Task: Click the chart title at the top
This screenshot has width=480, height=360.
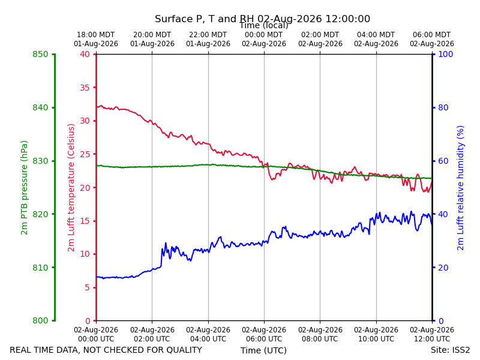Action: click(262, 19)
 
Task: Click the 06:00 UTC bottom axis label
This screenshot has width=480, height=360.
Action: click(264, 334)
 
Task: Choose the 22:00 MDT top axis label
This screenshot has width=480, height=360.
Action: click(208, 40)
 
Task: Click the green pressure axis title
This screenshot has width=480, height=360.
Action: click(24, 188)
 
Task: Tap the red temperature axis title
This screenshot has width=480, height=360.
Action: click(71, 188)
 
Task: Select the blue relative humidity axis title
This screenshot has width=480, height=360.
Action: click(460, 188)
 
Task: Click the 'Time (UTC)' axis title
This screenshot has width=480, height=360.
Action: click(263, 350)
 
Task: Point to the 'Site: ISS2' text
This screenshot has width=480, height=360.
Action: click(451, 350)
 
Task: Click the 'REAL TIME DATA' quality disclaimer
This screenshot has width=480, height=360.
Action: click(106, 350)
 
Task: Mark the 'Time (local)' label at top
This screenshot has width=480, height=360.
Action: click(264, 25)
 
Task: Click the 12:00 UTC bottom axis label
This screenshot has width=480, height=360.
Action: click(432, 334)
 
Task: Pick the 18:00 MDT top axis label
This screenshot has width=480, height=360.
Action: click(96, 40)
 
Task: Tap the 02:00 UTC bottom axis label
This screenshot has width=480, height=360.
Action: click(152, 334)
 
